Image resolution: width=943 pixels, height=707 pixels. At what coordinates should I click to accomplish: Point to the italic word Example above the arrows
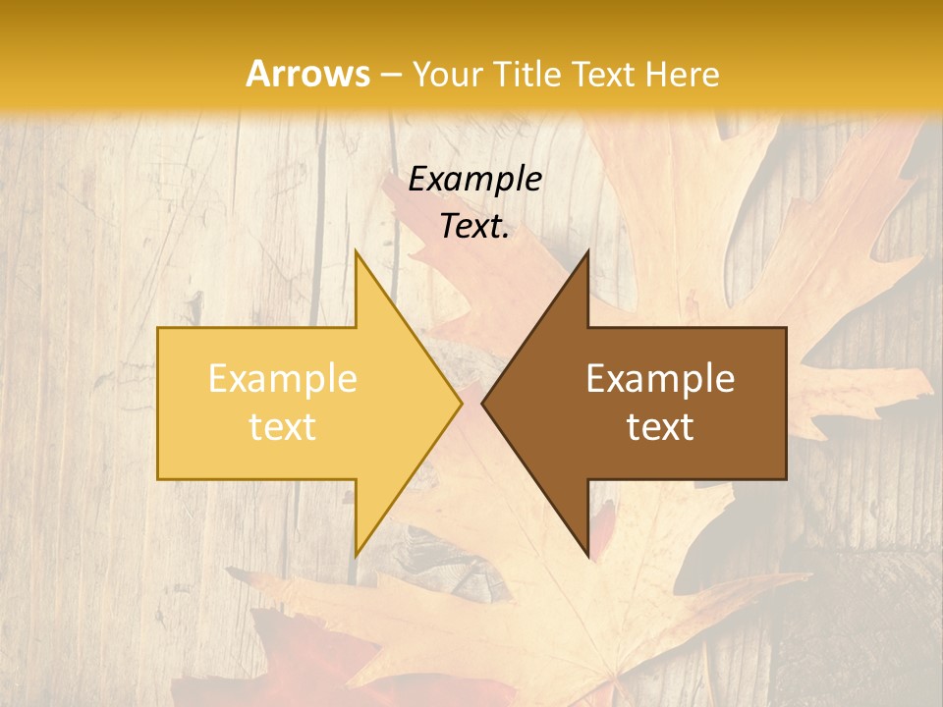click(474, 179)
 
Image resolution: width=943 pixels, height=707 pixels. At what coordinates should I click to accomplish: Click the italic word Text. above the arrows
click(474, 227)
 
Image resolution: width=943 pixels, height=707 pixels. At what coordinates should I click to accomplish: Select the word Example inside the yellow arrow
click(282, 378)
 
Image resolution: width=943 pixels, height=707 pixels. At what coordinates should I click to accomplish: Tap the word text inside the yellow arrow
click(282, 426)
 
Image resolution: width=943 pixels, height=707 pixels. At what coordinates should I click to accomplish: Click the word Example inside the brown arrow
click(660, 378)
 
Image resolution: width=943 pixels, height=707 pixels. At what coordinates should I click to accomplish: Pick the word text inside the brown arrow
click(660, 426)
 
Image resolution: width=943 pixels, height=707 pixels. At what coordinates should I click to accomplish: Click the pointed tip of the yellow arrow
click(461, 403)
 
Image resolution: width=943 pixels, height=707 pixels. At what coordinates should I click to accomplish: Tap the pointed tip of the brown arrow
click(482, 403)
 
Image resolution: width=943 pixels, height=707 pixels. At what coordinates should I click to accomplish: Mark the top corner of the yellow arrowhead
click(356, 250)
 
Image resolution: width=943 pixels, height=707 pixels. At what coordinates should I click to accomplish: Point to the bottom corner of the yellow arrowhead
click(356, 556)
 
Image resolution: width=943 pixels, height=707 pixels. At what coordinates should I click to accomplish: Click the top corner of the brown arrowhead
click(587, 250)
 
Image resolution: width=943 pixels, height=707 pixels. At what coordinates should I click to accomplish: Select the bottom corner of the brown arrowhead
click(587, 556)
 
